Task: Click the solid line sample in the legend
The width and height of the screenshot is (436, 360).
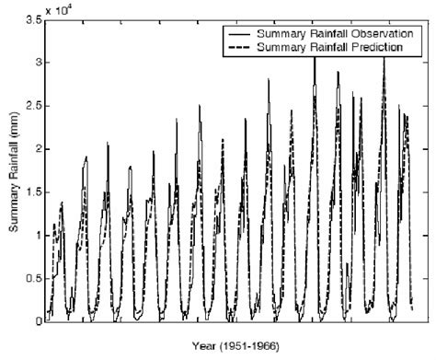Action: [242, 33]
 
